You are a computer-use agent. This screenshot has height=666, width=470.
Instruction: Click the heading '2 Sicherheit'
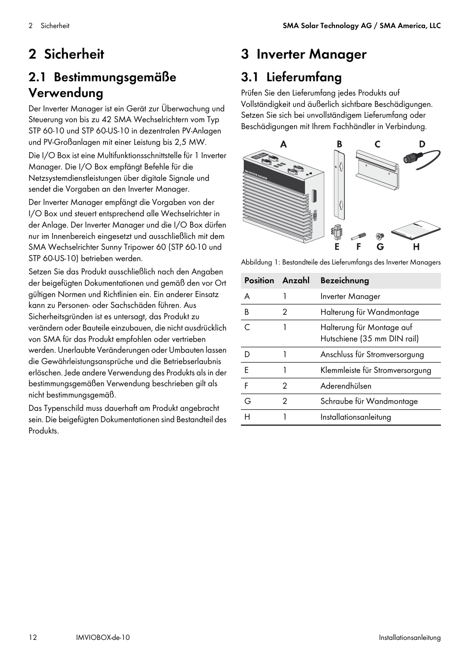click(67, 54)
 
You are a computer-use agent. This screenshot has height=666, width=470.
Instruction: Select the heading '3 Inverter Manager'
click(303, 54)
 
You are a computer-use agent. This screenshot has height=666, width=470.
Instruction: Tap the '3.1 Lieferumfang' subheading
click(291, 77)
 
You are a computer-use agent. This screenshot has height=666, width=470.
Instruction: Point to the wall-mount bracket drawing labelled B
click(339, 185)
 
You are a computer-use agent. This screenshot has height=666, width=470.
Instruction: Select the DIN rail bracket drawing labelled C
click(377, 170)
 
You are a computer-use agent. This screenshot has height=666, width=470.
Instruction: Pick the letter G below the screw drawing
click(380, 247)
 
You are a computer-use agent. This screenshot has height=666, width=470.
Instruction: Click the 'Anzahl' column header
click(296, 280)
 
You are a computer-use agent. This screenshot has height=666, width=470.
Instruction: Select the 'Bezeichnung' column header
click(344, 280)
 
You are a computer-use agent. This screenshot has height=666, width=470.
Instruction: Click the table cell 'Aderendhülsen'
click(346, 386)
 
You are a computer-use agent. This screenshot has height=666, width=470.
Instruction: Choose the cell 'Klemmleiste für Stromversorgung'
click(375, 370)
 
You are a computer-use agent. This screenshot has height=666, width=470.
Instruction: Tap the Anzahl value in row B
click(285, 312)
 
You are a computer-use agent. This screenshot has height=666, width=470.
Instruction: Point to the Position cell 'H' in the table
click(247, 417)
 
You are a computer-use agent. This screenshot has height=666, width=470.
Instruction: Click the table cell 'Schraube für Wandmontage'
click(369, 401)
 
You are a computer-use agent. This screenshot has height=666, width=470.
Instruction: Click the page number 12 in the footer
click(33, 637)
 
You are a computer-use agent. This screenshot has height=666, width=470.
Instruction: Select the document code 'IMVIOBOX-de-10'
click(100, 637)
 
